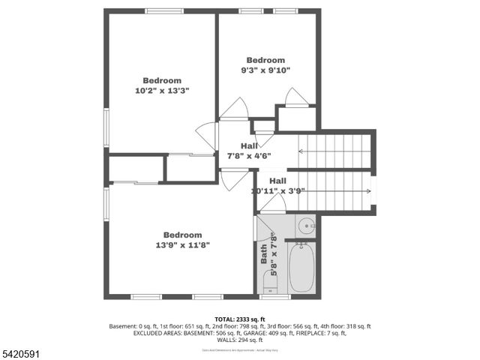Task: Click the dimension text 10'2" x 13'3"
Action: [162, 90]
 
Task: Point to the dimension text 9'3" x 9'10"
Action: [265, 70]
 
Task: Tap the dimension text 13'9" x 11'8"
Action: [183, 244]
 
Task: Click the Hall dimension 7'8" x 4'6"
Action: [249, 156]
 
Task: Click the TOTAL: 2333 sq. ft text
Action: [240, 319]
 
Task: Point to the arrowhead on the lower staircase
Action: [368, 191]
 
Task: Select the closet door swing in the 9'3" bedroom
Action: [295, 97]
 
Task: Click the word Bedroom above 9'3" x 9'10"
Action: [265, 60]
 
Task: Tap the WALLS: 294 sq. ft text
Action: [240, 339]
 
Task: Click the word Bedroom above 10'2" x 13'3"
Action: [162, 80]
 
